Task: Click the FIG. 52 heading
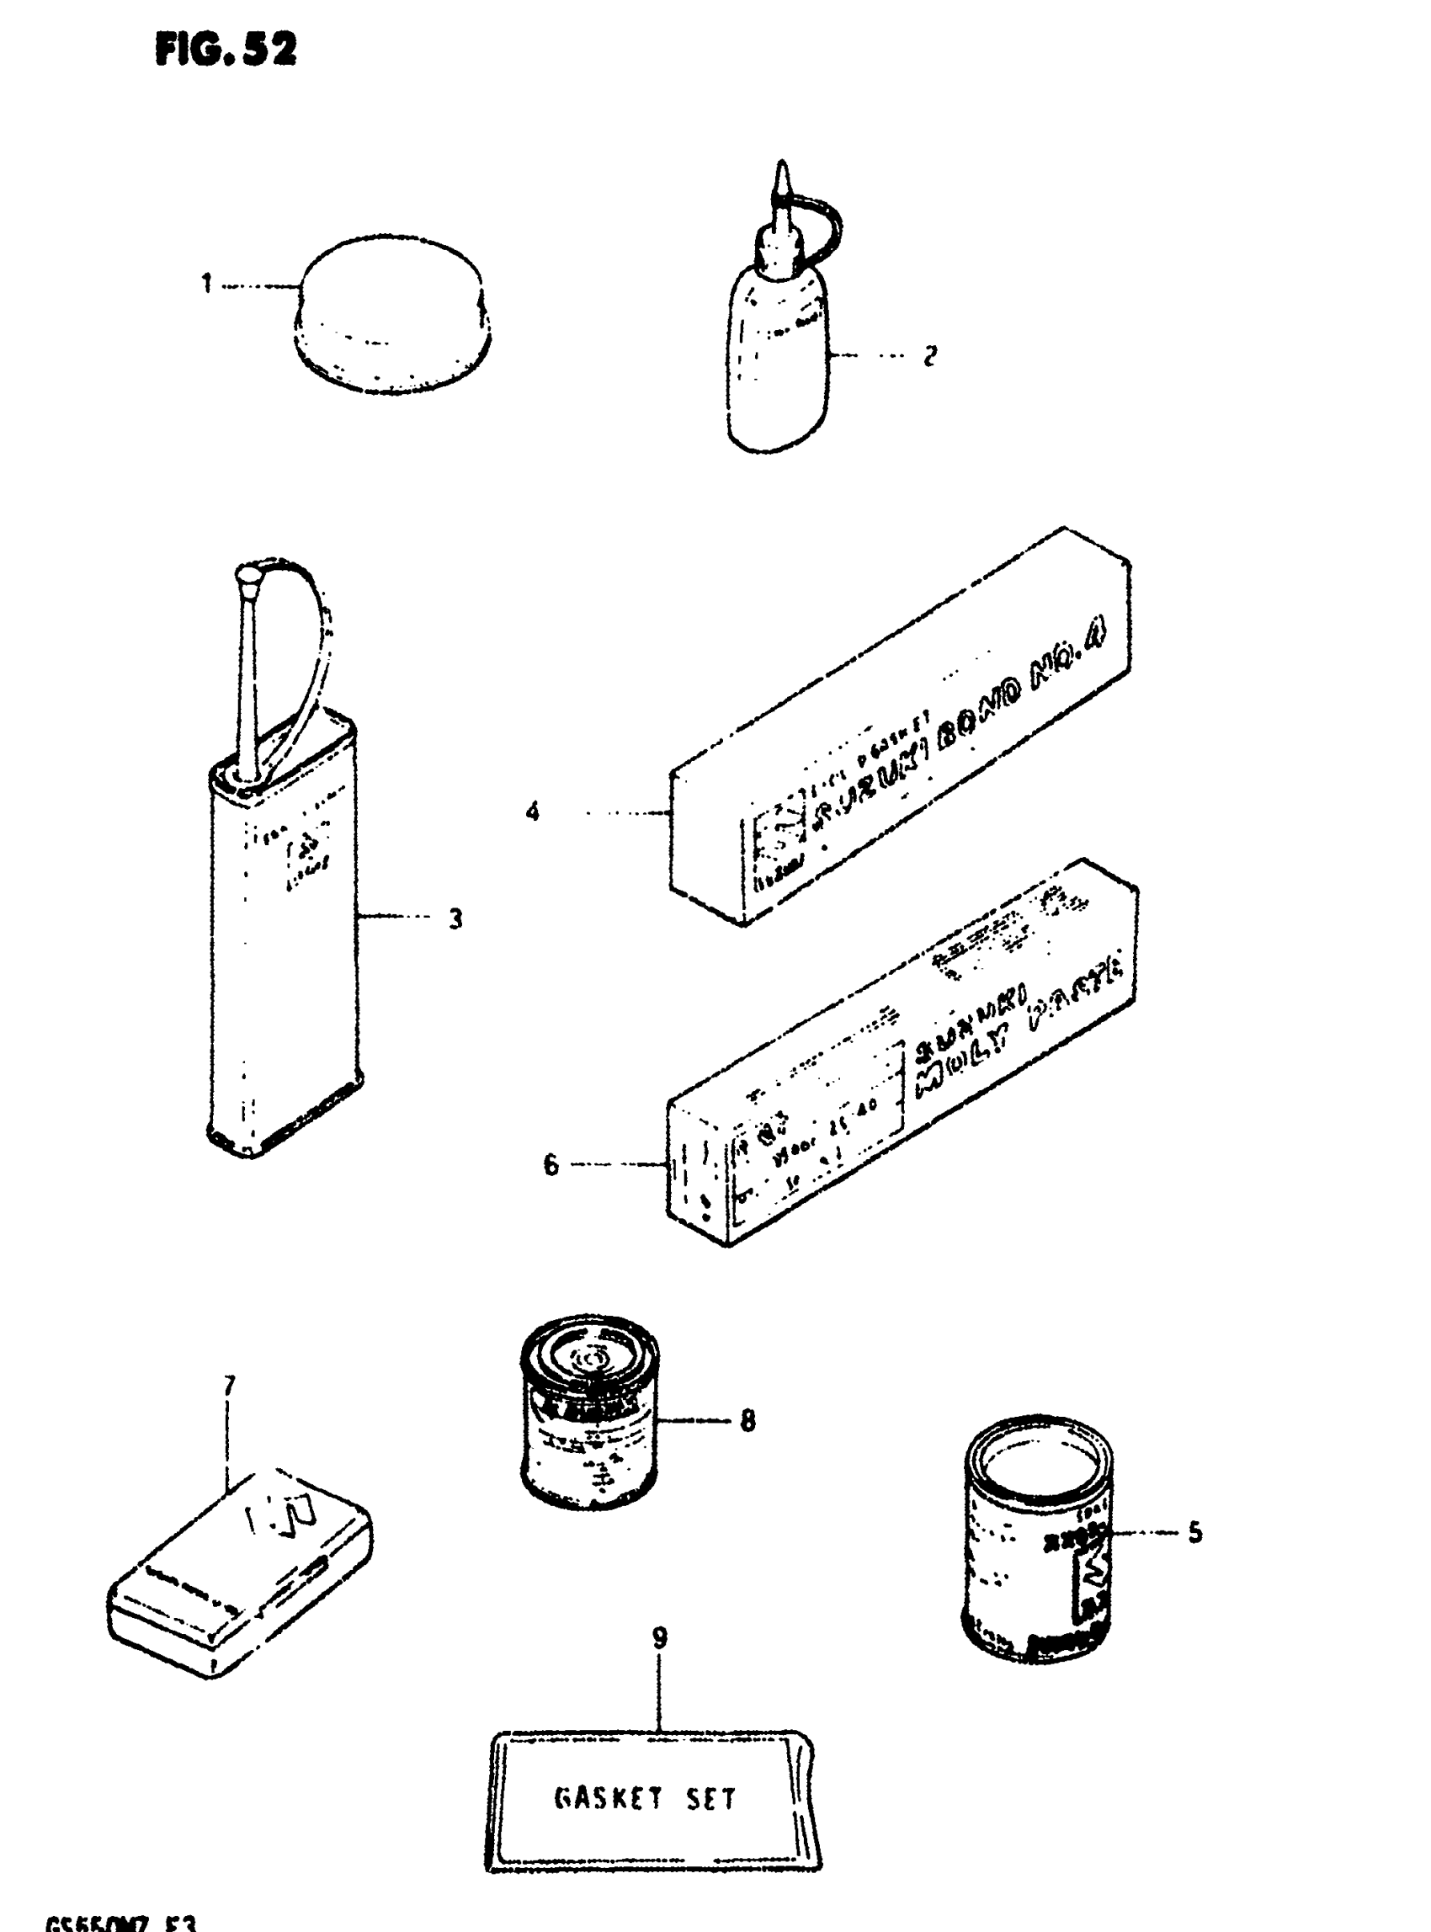(226, 51)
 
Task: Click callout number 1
(207, 284)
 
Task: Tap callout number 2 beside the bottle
(929, 356)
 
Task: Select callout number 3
(455, 918)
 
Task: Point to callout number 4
(533, 812)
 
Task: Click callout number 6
(551, 1164)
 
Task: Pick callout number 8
(747, 1420)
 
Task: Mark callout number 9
(660, 1638)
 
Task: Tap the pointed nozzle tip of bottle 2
(783, 178)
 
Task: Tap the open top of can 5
(1040, 1462)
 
